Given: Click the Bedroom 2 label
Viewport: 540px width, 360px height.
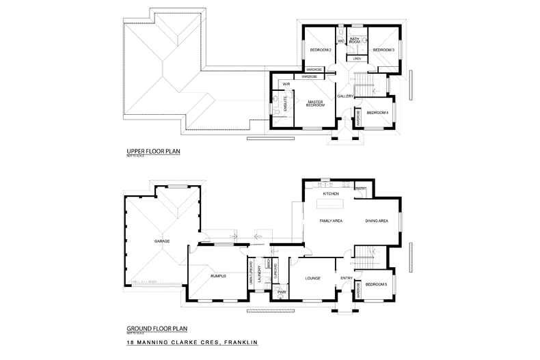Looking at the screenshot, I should pyautogui.click(x=321, y=51).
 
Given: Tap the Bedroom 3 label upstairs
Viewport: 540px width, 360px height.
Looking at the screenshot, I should pyautogui.click(x=383, y=51).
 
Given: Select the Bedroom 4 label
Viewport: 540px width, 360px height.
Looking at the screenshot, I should pyautogui.click(x=377, y=113).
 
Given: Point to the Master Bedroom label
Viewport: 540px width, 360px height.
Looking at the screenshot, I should pyautogui.click(x=314, y=104).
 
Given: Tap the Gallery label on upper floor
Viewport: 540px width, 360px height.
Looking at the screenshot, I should pyautogui.click(x=345, y=96).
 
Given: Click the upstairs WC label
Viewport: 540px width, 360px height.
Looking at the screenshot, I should pyautogui.click(x=340, y=41).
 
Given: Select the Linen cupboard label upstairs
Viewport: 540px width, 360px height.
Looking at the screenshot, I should pyautogui.click(x=357, y=59).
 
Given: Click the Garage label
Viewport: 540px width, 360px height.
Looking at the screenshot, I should pyautogui.click(x=161, y=241).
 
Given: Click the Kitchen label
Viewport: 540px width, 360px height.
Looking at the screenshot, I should pyautogui.click(x=332, y=194).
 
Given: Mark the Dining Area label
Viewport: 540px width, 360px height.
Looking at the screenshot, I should pyautogui.click(x=377, y=221).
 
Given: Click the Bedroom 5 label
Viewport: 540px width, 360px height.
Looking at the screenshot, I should pyautogui.click(x=376, y=284).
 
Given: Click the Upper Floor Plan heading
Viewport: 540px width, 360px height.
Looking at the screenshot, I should pyautogui.click(x=153, y=152).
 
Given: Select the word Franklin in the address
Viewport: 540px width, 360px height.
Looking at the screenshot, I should pyautogui.click(x=239, y=343).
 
